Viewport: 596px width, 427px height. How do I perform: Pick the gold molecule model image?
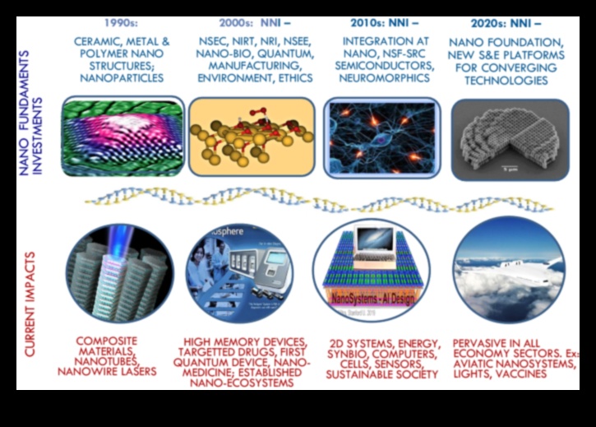coord(252,137)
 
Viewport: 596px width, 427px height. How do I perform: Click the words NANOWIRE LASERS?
coord(108,372)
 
